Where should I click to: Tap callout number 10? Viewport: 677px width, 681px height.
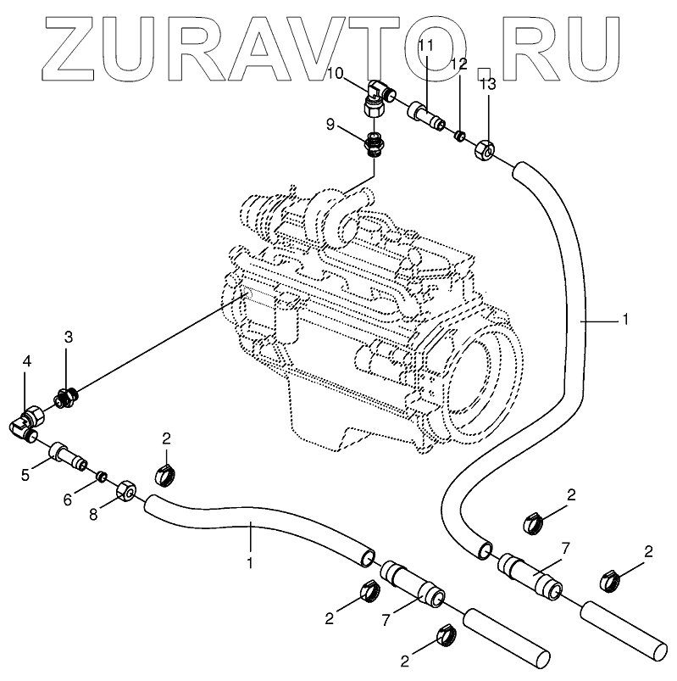point(335,74)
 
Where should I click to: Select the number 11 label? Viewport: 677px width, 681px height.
point(425,44)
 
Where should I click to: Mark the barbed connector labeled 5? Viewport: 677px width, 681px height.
point(67,453)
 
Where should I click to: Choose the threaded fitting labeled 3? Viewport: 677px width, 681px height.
point(66,395)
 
